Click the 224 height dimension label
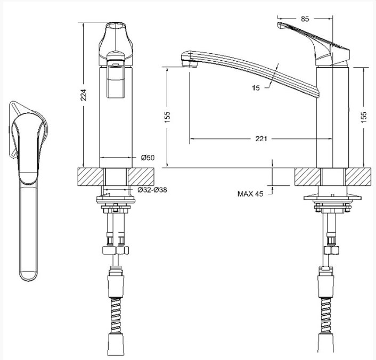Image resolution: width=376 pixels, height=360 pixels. (83, 95)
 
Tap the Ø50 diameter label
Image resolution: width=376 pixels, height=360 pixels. (148, 158)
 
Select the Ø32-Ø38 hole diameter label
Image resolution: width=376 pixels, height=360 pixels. (152, 190)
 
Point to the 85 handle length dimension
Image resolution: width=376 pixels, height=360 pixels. (305, 19)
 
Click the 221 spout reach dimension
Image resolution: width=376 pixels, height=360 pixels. (261, 138)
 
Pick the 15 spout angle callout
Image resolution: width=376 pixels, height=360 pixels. (256, 88)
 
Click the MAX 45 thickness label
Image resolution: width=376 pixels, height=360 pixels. (250, 194)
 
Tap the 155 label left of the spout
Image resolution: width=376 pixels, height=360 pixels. (167, 117)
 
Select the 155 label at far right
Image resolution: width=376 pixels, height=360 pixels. (364, 117)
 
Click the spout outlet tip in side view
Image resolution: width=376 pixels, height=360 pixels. (190, 63)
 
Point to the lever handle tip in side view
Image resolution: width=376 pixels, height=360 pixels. (280, 25)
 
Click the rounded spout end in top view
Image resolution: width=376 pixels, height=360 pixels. (28, 276)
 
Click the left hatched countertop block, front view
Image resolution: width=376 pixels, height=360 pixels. (91, 177)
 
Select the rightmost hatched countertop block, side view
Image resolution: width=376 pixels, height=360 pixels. (358, 177)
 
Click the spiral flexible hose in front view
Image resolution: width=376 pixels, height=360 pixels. (116, 315)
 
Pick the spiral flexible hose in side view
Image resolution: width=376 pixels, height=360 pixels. (326, 315)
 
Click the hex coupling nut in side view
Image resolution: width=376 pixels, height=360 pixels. (331, 250)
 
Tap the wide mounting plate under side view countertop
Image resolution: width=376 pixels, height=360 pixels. (332, 198)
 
